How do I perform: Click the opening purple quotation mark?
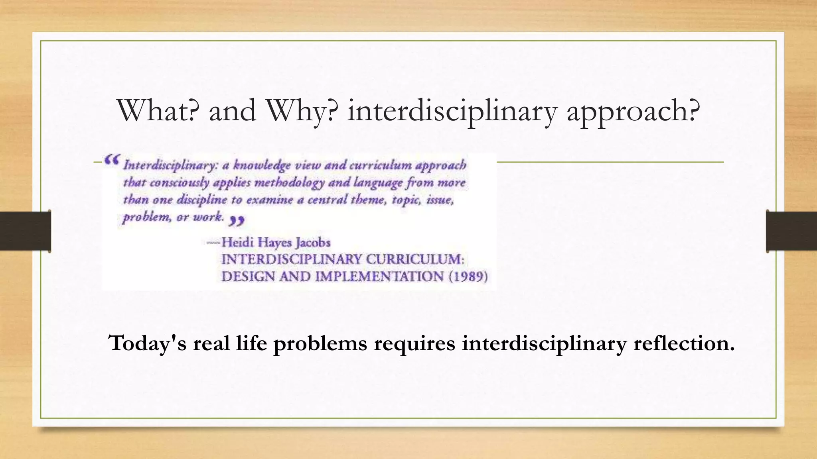click(x=111, y=160)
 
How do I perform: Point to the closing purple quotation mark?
click(x=237, y=220)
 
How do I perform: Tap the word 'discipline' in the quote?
click(x=201, y=200)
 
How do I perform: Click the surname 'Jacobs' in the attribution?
click(x=313, y=243)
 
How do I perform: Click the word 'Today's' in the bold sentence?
click(x=147, y=343)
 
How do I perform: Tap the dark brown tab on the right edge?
click(x=791, y=231)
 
